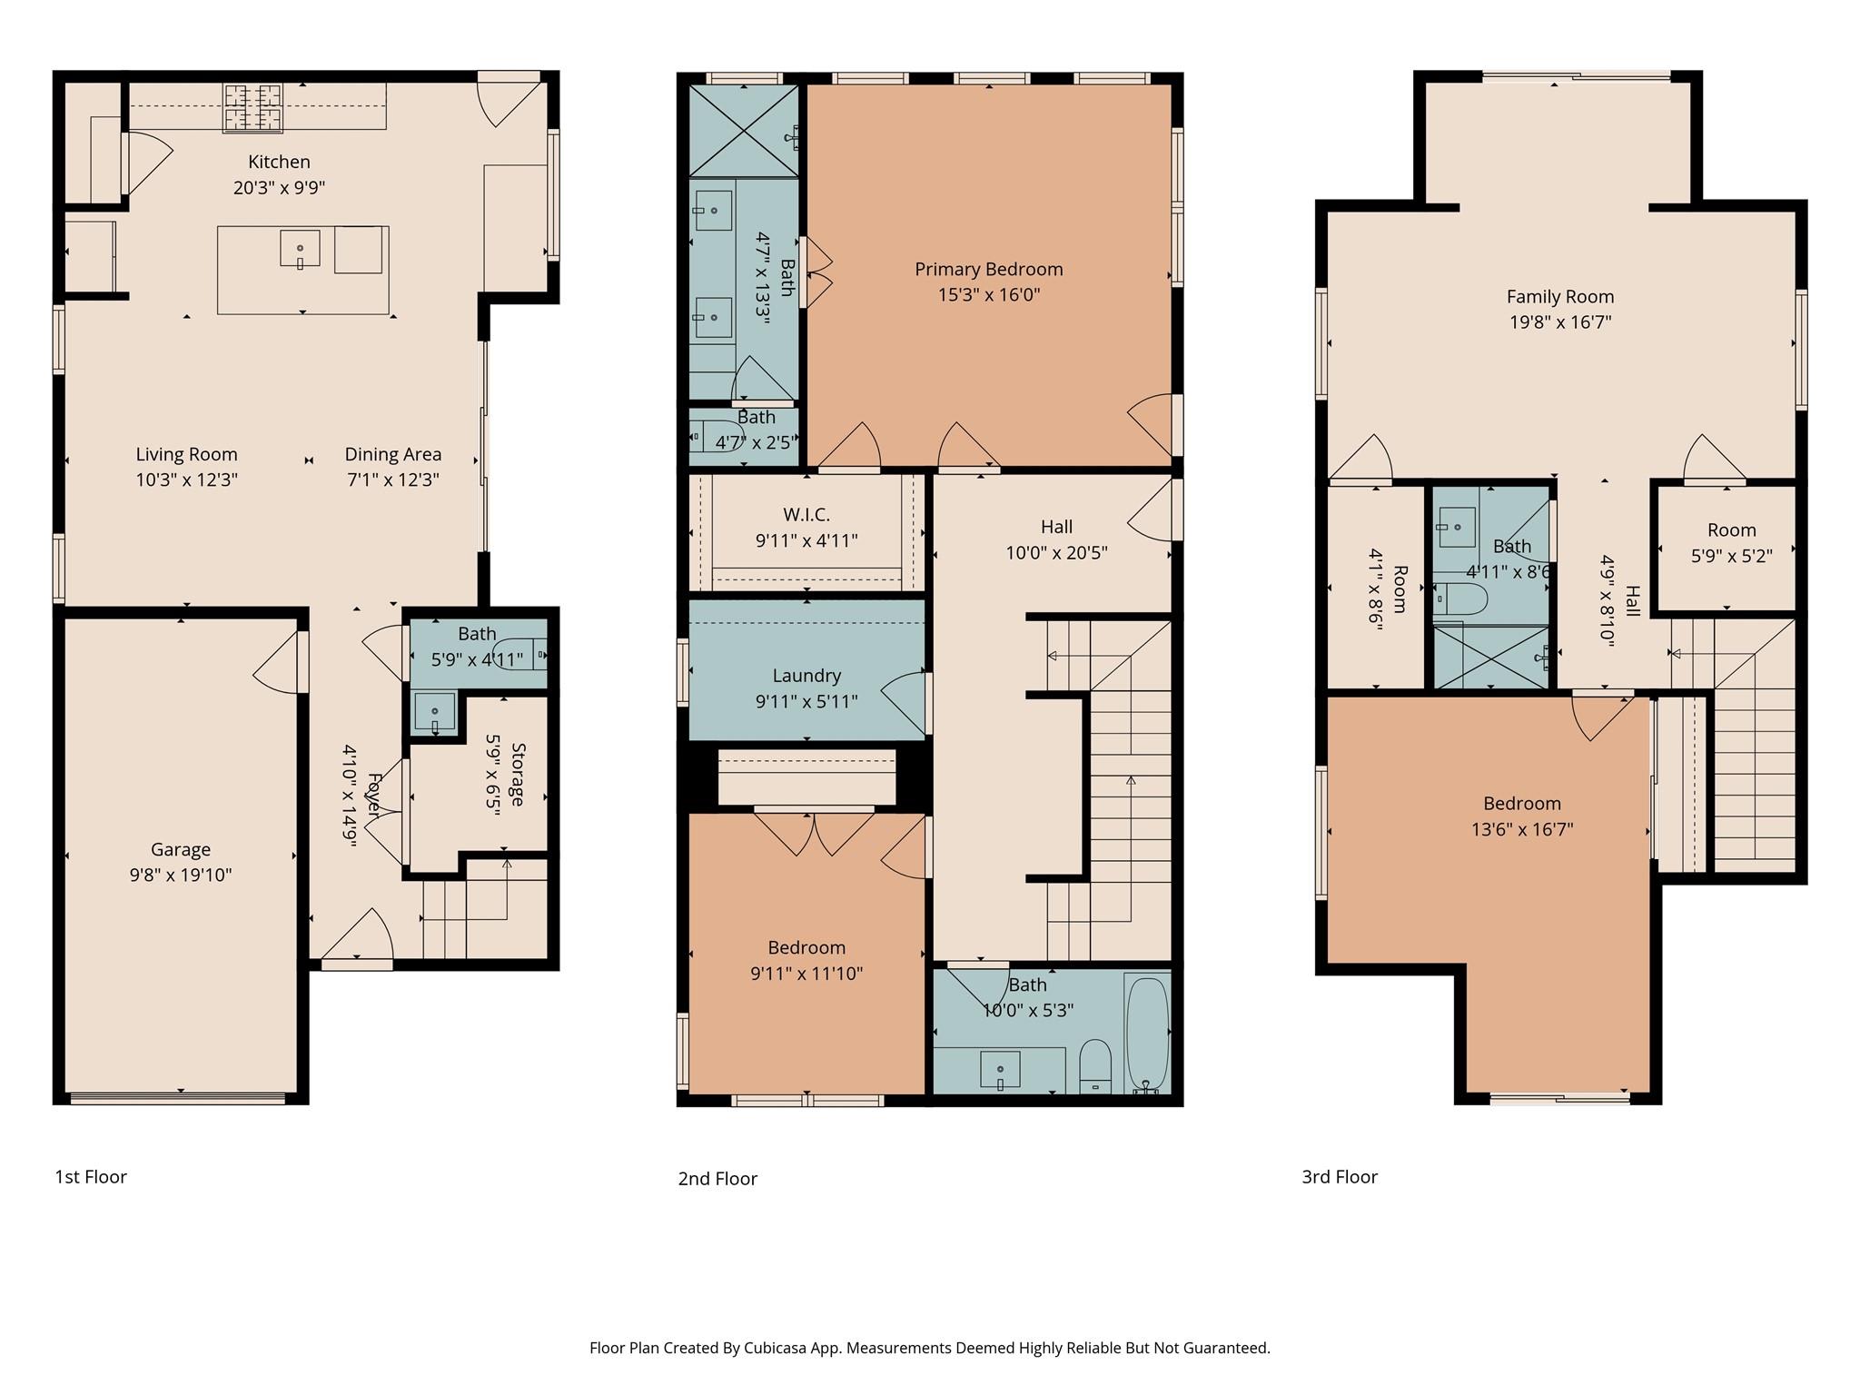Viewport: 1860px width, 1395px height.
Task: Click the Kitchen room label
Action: click(279, 162)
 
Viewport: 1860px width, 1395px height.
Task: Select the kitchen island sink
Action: click(300, 249)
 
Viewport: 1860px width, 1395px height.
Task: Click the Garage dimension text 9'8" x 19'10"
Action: click(181, 875)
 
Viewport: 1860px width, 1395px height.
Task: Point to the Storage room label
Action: click(518, 775)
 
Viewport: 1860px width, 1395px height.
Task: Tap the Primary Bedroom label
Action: click(988, 269)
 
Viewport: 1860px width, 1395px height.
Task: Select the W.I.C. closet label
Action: click(806, 515)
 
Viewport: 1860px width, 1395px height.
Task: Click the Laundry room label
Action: click(806, 676)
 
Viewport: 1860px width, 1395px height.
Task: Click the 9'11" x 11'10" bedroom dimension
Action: click(806, 974)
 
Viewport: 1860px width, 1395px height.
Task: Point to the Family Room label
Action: click(1560, 296)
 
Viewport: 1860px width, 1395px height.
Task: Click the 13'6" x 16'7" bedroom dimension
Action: click(1522, 829)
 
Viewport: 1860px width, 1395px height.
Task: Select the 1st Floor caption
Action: click(91, 1177)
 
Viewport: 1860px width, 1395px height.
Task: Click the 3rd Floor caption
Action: click(1340, 1177)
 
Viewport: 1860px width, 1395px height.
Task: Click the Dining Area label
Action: click(392, 454)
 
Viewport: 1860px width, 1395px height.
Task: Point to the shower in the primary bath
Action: click(743, 130)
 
